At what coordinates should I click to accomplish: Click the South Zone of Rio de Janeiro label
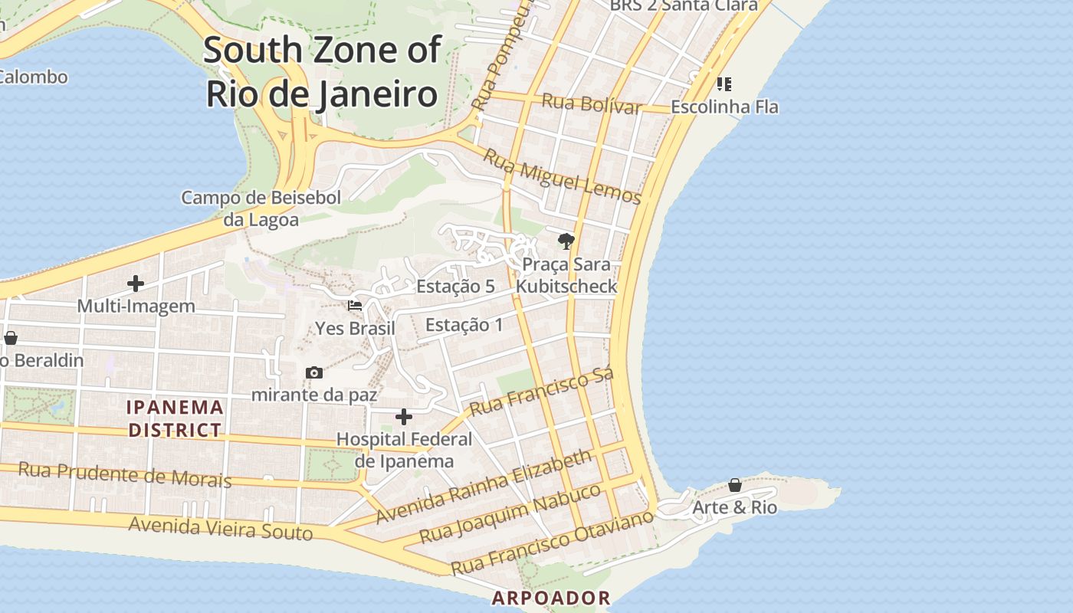pos(322,72)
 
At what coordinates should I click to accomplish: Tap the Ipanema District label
pos(176,418)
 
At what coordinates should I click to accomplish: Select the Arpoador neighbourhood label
pos(551,598)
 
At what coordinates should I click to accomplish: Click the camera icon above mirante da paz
pos(314,373)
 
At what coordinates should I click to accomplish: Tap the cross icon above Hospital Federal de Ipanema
pos(404,417)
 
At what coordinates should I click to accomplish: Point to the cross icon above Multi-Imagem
pos(136,284)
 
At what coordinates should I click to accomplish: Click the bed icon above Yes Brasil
pos(355,306)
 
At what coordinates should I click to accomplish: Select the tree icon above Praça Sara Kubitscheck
pos(566,242)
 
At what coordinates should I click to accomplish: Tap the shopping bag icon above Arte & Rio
pos(734,485)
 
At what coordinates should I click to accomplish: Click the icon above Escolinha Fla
pos(724,84)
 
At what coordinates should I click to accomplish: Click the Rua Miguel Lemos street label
pos(562,175)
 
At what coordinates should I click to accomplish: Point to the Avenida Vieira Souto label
pos(221,528)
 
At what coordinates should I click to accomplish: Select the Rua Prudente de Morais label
pos(124,474)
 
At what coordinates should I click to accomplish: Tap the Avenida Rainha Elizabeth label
pos(484,487)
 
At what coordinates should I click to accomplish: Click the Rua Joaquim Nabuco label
pos(510,513)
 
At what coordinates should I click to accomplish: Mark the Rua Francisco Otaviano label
pos(552,543)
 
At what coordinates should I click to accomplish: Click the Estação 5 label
pos(455,287)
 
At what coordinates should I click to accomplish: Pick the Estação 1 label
pos(464,324)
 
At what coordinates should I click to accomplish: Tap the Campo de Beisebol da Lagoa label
pos(261,208)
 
